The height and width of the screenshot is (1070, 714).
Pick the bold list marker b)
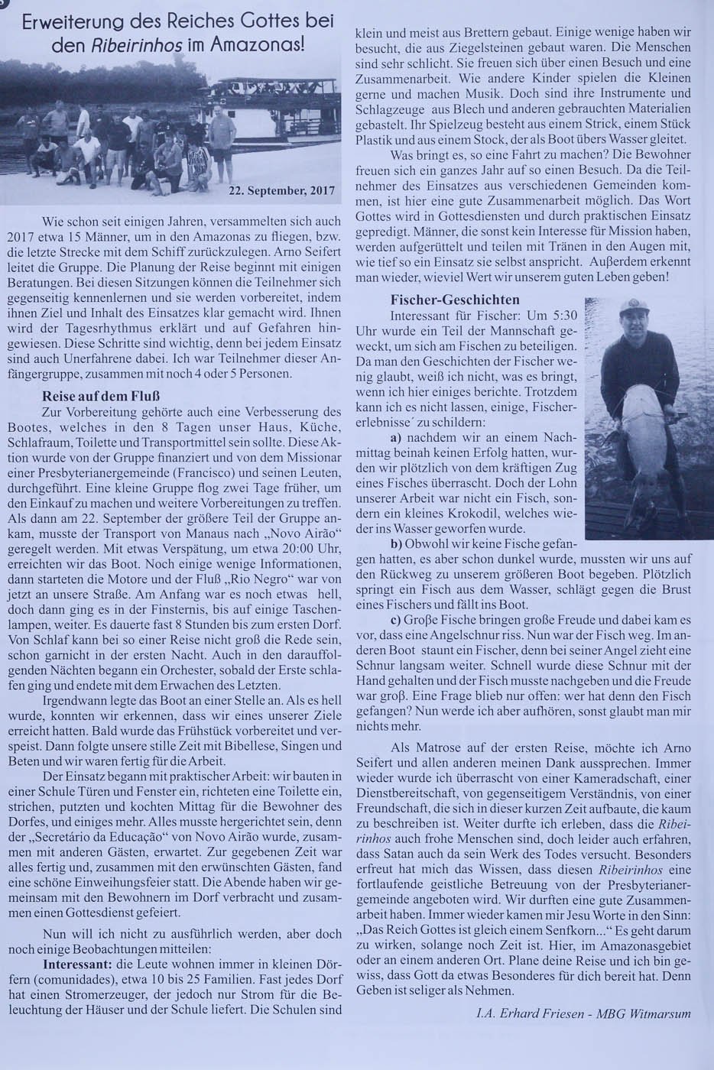click(x=397, y=544)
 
